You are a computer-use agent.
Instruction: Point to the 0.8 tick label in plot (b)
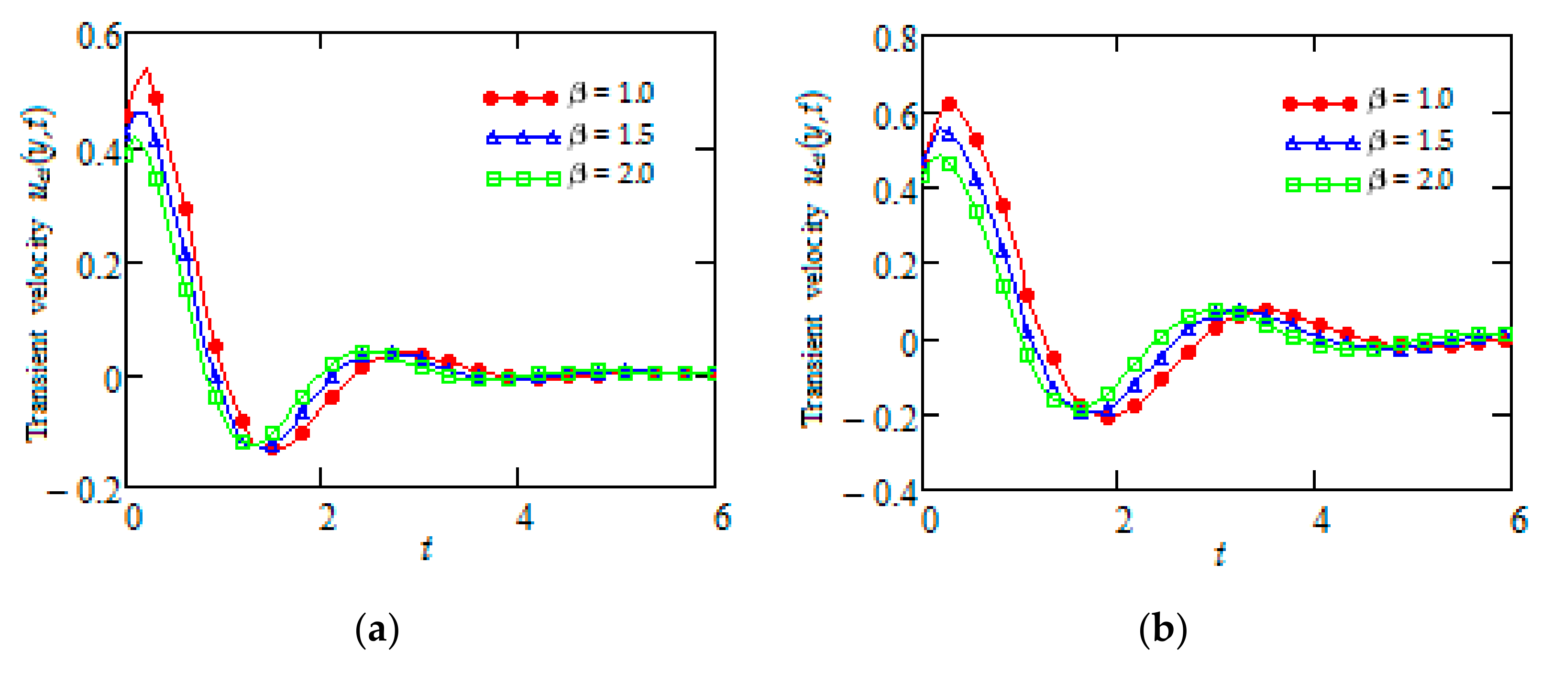pyautogui.click(x=895, y=39)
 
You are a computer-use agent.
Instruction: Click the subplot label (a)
pyautogui.click(x=377, y=630)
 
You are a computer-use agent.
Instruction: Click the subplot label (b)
pyautogui.click(x=1163, y=630)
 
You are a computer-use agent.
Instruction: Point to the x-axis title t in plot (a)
pyautogui.click(x=427, y=548)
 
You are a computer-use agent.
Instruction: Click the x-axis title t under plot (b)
pyautogui.click(x=1220, y=552)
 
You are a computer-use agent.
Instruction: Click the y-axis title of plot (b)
pyautogui.click(x=814, y=259)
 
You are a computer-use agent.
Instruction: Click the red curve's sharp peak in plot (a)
pyautogui.click(x=147, y=69)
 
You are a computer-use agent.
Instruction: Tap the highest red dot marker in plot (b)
pyautogui.click(x=949, y=104)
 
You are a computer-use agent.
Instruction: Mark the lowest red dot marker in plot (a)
pyautogui.click(x=272, y=448)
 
